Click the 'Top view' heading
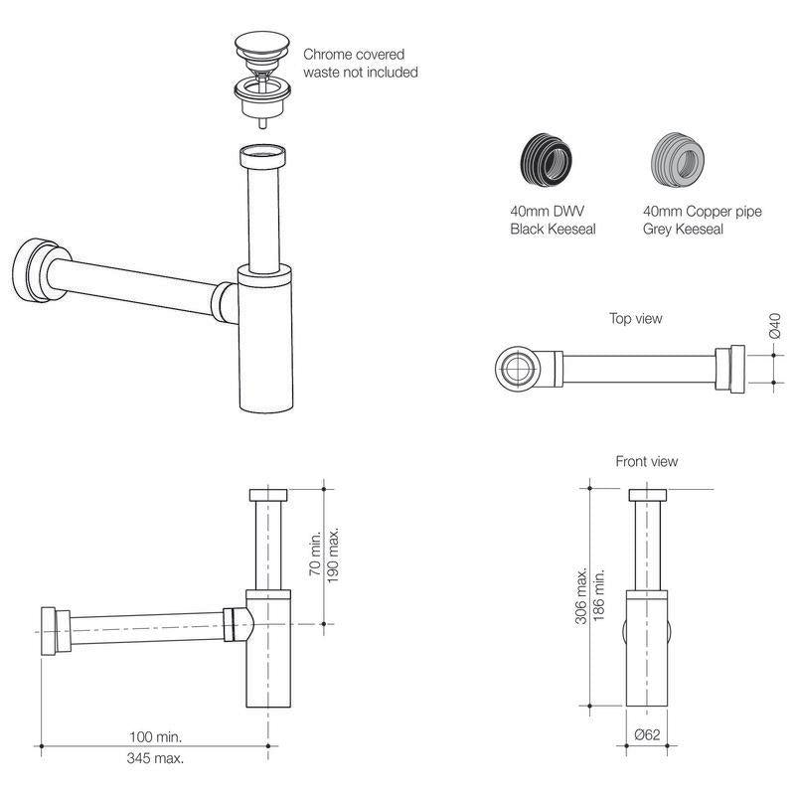(636, 319)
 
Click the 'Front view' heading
(647, 461)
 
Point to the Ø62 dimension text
(647, 735)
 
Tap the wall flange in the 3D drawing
(33, 267)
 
